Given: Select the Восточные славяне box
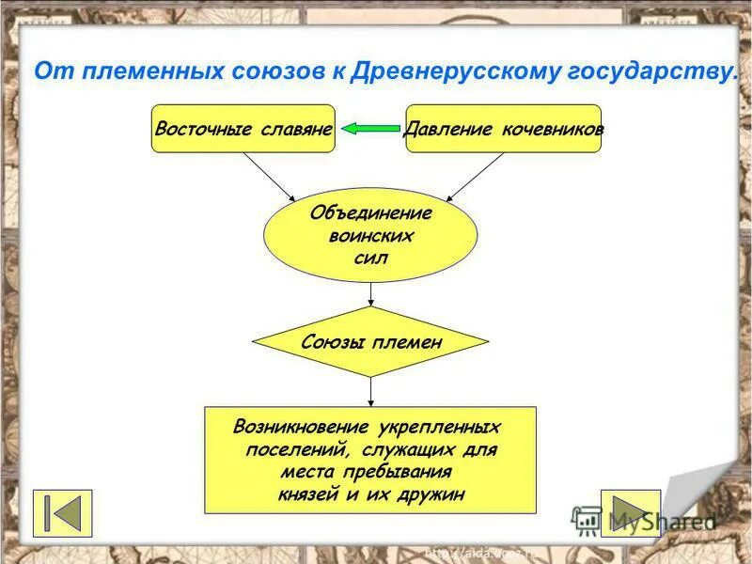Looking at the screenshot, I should [243, 129].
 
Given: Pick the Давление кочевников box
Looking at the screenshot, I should [503, 129].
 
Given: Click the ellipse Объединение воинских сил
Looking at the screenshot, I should [370, 235].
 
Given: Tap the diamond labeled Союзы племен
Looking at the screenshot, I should [370, 342].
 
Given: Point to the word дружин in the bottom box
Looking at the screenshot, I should [433, 494].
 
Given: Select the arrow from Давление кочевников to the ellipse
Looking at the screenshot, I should [475, 177].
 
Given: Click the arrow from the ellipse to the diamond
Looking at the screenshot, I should [371, 294].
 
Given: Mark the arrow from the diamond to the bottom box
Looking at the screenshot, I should [371, 391].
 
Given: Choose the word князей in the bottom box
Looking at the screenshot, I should [311, 494].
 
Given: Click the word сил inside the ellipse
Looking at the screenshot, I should [370, 257].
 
